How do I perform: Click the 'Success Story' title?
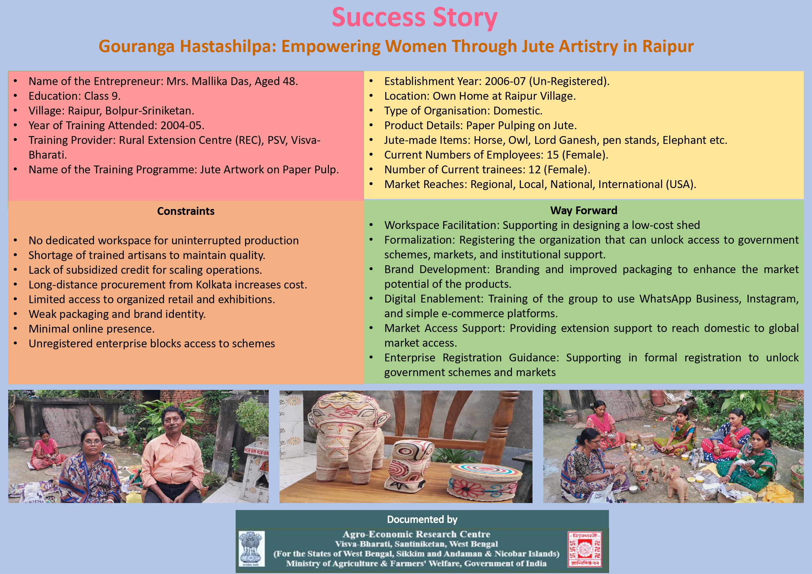(414, 18)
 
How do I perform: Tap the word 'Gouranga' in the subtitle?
(136, 46)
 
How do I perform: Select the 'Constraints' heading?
(186, 211)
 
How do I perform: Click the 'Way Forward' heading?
(584, 210)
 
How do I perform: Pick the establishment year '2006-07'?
(505, 81)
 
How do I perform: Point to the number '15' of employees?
(553, 155)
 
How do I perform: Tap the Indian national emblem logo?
(251, 548)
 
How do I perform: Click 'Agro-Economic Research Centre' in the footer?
(416, 534)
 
